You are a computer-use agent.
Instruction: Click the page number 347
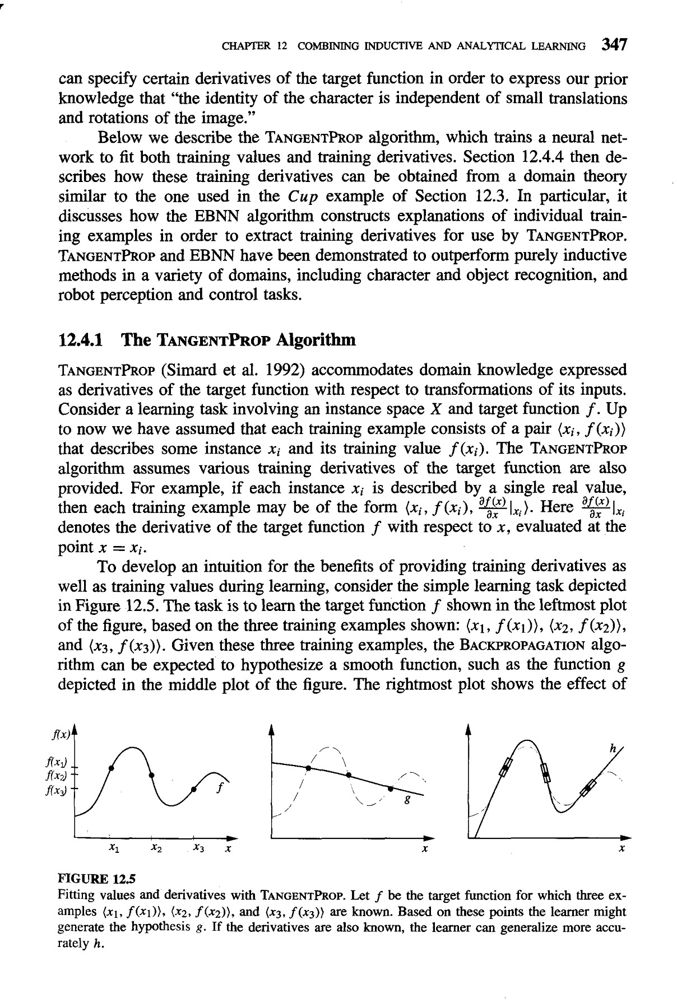[x=611, y=45]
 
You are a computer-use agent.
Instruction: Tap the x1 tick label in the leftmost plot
[x=114, y=850]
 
